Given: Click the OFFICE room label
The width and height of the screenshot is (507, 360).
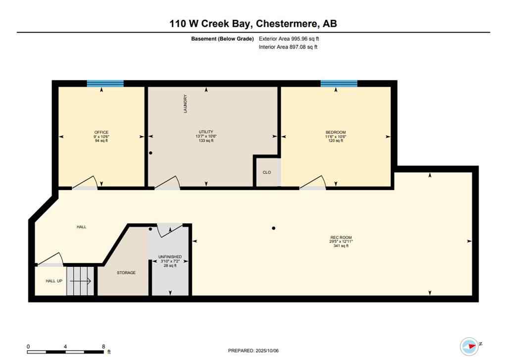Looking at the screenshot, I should coord(101,132).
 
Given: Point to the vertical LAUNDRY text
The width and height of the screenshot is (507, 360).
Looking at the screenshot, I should coord(186,104).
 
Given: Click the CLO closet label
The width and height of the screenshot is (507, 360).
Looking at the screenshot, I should coord(267,173).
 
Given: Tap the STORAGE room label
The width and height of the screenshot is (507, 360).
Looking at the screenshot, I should coord(126,273).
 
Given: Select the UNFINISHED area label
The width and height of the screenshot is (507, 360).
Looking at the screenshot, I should coord(170,257).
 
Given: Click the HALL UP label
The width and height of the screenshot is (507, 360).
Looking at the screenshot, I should coord(54,281).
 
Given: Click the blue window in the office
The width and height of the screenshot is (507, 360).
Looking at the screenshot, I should coord(105,84).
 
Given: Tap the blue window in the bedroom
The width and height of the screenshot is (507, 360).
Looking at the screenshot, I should coord(339,84).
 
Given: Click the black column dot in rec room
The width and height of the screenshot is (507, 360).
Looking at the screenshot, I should coord(274,228).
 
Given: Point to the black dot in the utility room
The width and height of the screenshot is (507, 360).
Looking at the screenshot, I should coord(151,154).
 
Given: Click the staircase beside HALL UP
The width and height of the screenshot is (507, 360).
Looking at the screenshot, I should coord(80,281).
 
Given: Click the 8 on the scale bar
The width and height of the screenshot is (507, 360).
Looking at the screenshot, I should coord(103,347).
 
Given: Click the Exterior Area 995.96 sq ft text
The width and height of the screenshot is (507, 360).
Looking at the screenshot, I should coord(293,39).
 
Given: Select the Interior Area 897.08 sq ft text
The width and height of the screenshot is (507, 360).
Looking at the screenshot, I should coord(288,47).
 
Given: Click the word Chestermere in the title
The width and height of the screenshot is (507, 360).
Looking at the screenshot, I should coord(287,23).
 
